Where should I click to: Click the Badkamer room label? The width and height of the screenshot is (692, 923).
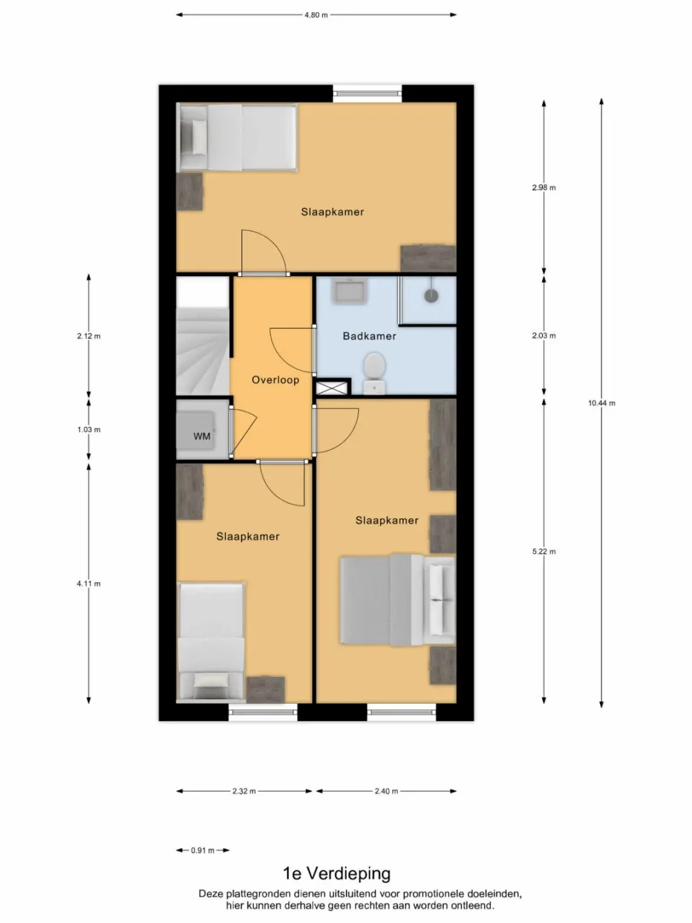click(x=369, y=336)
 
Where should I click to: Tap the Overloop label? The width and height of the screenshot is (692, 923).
click(x=275, y=380)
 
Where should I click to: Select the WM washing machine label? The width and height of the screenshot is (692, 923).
click(x=202, y=436)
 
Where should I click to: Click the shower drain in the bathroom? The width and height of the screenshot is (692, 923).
click(x=431, y=295)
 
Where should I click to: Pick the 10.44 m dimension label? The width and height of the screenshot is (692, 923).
click(x=601, y=403)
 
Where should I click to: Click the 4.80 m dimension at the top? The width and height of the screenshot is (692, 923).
click(x=316, y=14)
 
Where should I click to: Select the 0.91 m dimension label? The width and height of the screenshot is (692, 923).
click(x=203, y=851)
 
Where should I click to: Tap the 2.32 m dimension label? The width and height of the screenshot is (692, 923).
click(x=244, y=791)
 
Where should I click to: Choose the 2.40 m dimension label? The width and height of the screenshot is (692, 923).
click(x=386, y=791)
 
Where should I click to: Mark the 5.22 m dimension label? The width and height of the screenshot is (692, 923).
click(x=544, y=552)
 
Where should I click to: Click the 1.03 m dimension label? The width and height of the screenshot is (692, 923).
click(x=89, y=430)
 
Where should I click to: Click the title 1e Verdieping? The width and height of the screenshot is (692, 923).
click(x=337, y=874)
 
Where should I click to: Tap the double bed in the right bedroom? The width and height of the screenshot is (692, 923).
click(x=396, y=600)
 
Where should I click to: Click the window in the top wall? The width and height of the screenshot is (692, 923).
click(x=367, y=93)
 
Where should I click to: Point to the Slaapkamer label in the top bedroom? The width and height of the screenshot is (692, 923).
click(x=332, y=212)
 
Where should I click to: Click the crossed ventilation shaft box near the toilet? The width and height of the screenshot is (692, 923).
click(x=332, y=389)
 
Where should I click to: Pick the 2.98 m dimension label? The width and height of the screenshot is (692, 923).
click(x=544, y=187)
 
